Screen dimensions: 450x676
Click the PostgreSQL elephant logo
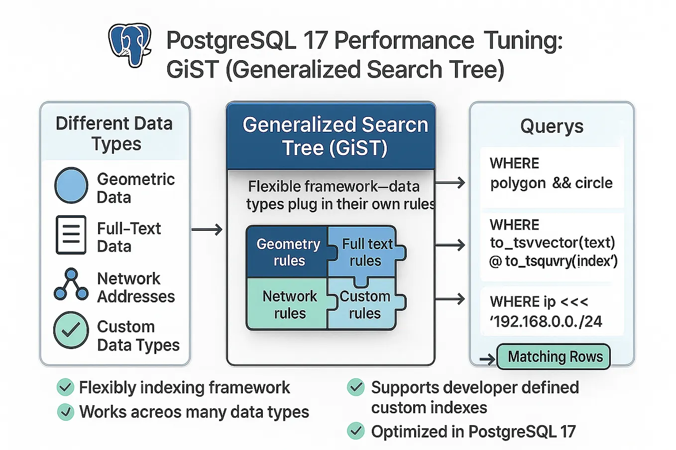pos(129,44)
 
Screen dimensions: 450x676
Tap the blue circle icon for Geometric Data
pos(71,185)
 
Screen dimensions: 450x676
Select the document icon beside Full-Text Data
pos(71,235)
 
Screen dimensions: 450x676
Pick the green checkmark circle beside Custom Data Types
pos(71,330)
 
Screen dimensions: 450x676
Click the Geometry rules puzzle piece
pos(288,252)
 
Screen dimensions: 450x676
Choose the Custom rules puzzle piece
pos(365,304)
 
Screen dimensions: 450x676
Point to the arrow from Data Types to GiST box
pos(207,230)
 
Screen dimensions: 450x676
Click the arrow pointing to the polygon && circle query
pos(450,183)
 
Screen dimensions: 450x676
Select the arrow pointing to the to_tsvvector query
pos(450,245)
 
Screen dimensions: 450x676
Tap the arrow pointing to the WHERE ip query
pos(450,299)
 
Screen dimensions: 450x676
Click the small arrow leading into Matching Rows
pos(487,359)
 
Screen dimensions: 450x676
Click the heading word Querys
pos(552,126)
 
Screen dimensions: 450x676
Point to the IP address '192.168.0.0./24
pos(546,322)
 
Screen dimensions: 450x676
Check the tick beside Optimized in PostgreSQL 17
pos(355,431)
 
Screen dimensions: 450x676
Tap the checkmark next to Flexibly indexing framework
pos(65,387)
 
